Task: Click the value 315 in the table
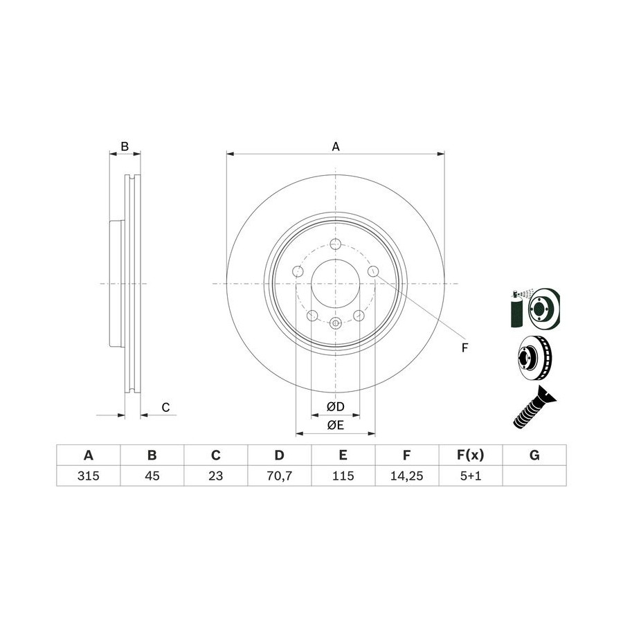tap(88, 476)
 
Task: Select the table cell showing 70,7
tap(280, 476)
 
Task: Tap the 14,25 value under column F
tap(407, 476)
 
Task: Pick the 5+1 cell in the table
tap(471, 476)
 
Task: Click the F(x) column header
tap(471, 455)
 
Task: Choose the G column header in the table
tap(534, 455)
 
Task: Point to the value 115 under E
tap(343, 476)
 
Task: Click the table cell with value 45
tap(152, 476)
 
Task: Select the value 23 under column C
tap(215, 476)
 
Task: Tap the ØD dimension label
tap(335, 406)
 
